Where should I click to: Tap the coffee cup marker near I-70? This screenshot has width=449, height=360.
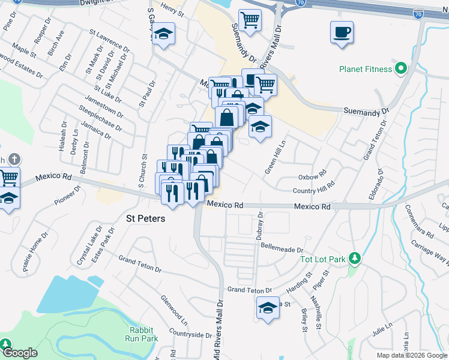point(342,32)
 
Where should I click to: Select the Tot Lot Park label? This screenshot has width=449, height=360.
point(323,259)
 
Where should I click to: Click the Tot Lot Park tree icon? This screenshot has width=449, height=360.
point(355,259)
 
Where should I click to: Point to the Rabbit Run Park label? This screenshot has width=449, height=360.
point(143,334)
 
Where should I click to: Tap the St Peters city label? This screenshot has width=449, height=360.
point(145,219)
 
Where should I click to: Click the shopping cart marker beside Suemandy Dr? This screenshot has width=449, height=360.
point(250,20)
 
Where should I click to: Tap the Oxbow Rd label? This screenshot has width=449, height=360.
point(312,177)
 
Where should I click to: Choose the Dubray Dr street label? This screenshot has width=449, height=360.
point(260,226)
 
